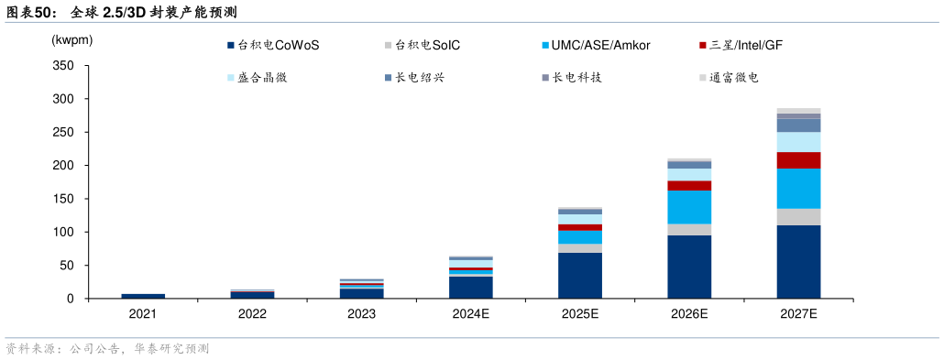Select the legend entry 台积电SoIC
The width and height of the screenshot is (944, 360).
point(427,45)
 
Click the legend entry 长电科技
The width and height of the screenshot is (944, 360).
point(576,78)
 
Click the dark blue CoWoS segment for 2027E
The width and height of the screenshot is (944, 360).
point(798,262)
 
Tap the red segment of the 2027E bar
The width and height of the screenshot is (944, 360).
point(798,160)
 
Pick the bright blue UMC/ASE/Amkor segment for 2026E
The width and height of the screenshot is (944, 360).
point(689,207)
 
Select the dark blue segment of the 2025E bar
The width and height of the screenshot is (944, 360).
point(580,276)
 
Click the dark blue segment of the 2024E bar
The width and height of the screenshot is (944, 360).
point(471,288)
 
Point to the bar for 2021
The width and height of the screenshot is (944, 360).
point(143,296)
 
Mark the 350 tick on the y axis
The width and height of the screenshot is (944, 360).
point(63,66)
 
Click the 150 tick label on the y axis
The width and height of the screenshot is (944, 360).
point(63,199)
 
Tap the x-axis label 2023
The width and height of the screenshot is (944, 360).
point(361,314)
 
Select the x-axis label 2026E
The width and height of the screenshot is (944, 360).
point(689,314)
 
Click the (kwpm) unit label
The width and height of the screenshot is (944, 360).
point(72,40)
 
